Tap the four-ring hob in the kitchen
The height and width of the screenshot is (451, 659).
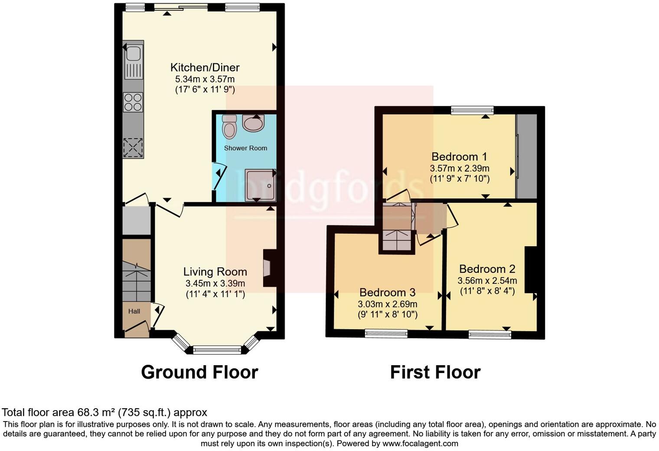[133, 102]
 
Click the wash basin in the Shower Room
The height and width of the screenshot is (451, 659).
[254, 123]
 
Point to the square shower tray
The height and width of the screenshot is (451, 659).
[260, 185]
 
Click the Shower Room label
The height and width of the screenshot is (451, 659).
[245, 148]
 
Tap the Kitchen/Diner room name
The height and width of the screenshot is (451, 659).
[205, 68]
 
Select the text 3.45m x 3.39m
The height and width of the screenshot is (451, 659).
[215, 284]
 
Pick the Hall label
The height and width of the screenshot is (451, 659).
[134, 311]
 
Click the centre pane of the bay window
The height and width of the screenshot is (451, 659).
[217, 350]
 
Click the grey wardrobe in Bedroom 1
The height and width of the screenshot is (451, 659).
[526, 156]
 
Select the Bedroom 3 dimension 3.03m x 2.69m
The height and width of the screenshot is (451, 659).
[387, 304]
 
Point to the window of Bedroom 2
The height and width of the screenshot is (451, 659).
[490, 334]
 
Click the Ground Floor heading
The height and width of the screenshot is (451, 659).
[199, 372]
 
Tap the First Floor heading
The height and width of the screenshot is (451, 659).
[435, 372]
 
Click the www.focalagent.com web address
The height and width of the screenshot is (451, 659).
[420, 444]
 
